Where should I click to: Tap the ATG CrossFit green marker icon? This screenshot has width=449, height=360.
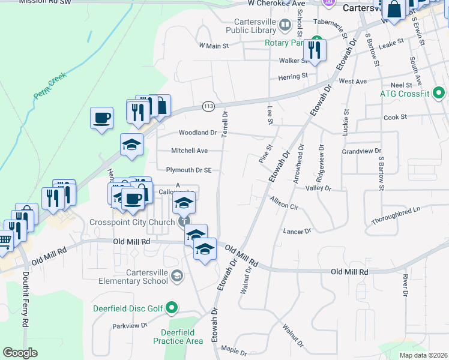tap(439, 93)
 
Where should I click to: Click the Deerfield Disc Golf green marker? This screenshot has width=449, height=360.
tap(172, 308)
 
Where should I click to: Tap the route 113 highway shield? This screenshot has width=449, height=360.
tap(208, 106)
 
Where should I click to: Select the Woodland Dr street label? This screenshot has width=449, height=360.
tap(197, 133)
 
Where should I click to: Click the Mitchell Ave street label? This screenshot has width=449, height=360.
tap(189, 151)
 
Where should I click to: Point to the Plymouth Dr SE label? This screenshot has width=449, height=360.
tap(189, 170)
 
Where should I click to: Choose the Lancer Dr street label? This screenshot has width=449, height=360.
tap(298, 231)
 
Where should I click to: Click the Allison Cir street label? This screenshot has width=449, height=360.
tap(285, 202)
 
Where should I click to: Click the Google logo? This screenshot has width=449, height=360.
tap(20, 353)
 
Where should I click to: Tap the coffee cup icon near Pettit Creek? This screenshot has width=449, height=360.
tap(101, 117)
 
